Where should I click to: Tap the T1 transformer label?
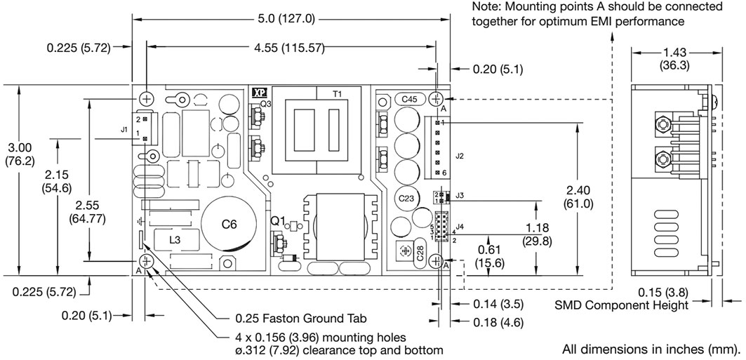(338, 94)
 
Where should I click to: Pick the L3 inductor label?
(175, 241)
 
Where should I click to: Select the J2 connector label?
(459, 156)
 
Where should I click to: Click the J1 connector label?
(124, 129)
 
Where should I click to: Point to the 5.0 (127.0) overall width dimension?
(290, 19)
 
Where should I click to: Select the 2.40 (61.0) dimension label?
(578, 197)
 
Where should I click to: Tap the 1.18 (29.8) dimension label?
(537, 234)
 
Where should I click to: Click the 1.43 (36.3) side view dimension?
(674, 59)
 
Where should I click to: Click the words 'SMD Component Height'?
(622, 305)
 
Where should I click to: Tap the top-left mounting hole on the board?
(147, 98)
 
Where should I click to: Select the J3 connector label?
(459, 195)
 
